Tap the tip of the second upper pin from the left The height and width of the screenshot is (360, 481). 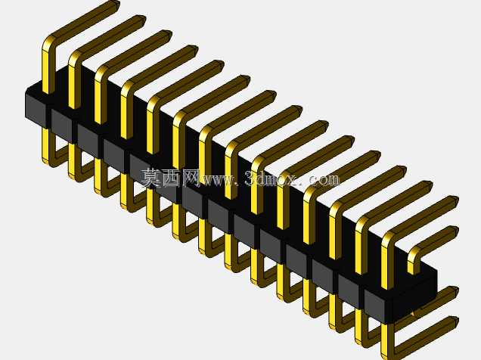tap(143, 19)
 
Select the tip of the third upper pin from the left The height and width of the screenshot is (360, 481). tap(169, 34)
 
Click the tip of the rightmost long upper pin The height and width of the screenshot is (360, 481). tap(455, 200)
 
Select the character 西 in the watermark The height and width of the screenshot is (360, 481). tap(171, 178)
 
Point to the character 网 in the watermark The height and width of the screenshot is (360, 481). tap(191, 178)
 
